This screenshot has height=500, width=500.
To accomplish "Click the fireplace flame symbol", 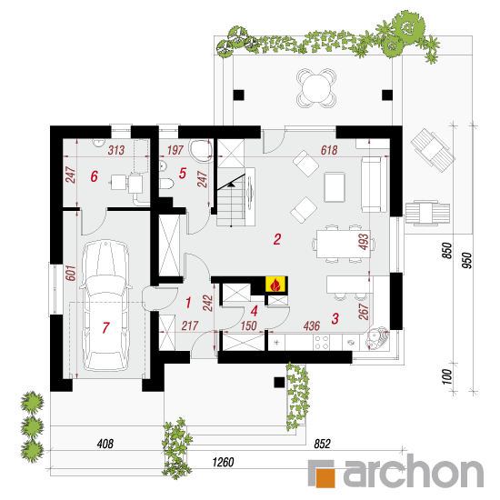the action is tap(276, 285).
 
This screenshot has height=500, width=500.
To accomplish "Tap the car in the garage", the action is tap(105, 305).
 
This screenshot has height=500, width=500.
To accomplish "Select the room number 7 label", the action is tap(105, 327).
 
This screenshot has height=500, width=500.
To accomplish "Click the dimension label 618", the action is tap(329, 150).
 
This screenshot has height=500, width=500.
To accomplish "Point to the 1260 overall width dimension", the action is tap(224, 462).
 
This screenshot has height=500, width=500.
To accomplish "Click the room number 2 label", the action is tap(277, 239).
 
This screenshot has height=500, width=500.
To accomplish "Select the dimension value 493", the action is tap(364, 242).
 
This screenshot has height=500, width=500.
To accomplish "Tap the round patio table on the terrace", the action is tap(316, 87).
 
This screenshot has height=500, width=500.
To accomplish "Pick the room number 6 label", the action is tap(94, 176).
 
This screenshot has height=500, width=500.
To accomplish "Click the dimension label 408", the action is tap(105, 444).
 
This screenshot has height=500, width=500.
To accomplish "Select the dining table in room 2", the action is tap(344, 244).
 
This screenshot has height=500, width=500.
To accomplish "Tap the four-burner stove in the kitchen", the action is tap(322, 342).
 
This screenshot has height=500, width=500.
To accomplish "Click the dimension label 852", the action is tap(323, 444).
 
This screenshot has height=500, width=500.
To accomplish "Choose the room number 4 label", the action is tap(255, 311).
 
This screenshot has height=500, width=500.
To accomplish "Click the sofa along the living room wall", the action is tap(375, 185).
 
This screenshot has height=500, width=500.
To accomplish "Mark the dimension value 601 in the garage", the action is tap(71, 273).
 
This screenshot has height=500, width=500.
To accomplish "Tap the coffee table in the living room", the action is tap(335, 187).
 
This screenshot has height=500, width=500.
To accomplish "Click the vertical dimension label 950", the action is tap(466, 260).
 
